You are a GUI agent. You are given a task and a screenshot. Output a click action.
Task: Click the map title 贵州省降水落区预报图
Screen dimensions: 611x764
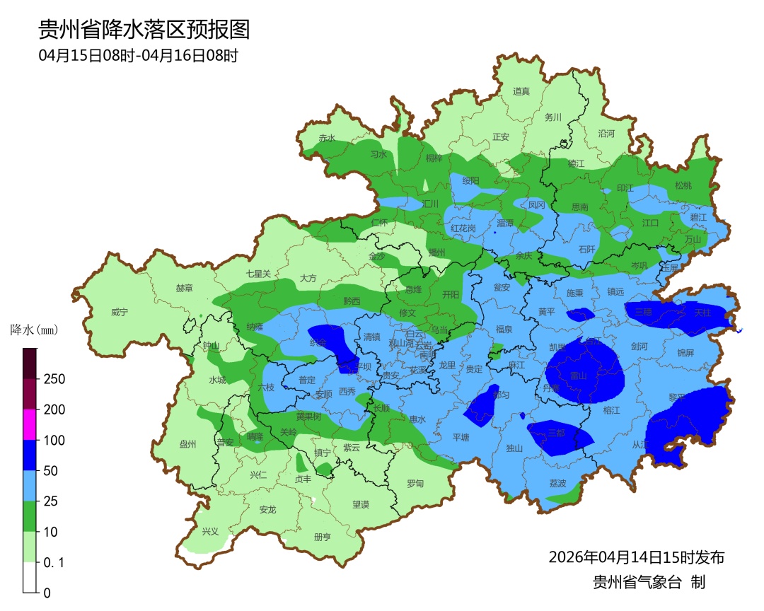[x=144, y=29]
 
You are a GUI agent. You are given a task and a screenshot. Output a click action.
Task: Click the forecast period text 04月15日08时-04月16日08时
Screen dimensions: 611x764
[x=138, y=55]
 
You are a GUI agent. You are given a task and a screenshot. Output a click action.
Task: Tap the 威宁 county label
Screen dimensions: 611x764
[x=120, y=312]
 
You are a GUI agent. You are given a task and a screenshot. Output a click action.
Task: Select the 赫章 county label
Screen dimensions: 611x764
[x=184, y=288]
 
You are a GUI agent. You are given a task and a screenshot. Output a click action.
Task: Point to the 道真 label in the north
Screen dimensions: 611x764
[x=521, y=91]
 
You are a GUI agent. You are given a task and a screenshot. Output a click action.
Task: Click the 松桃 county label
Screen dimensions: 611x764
[x=683, y=185]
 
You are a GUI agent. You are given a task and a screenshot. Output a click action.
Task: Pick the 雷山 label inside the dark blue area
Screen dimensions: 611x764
[x=579, y=376]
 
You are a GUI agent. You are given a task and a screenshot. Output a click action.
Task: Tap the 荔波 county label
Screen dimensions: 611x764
[x=557, y=484]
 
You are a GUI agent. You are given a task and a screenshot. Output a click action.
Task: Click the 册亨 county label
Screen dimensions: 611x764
[x=322, y=537]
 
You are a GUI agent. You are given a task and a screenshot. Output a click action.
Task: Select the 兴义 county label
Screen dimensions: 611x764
[x=211, y=531]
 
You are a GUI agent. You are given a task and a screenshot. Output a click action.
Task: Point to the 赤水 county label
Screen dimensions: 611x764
[x=326, y=138]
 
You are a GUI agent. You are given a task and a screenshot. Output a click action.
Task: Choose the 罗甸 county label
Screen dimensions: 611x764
[x=415, y=484]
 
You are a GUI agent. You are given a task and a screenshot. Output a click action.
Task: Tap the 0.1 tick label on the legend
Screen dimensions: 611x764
[x=54, y=562]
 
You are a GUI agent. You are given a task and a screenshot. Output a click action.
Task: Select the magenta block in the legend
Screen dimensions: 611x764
[x=29, y=424]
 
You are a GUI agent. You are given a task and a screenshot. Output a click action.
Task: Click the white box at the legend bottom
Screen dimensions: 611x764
[x=29, y=577]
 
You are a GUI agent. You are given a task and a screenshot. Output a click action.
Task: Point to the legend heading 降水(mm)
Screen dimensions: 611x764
[x=34, y=330]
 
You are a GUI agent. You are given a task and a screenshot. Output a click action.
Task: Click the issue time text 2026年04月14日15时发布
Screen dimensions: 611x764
[x=636, y=557]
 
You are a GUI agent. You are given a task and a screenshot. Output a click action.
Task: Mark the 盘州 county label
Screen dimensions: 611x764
[x=187, y=444]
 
